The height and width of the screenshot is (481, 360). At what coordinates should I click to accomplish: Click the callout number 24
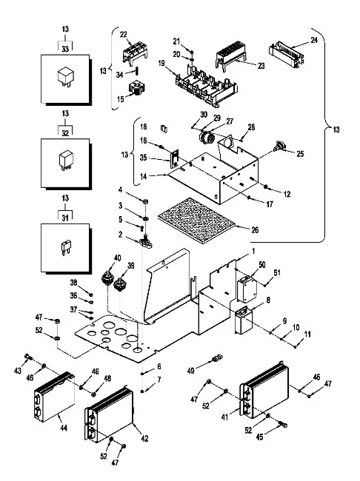pos(313,40)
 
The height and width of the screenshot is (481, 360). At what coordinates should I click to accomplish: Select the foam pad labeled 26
pos(197,221)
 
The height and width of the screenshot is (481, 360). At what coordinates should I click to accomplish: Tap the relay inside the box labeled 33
pos(66,76)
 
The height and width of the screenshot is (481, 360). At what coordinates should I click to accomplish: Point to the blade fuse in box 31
pos(65,248)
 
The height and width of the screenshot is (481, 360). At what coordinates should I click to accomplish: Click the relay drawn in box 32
pos(65,160)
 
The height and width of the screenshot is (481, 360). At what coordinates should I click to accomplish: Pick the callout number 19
pos(161,64)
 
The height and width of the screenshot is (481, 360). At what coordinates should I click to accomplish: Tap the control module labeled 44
pos(54,397)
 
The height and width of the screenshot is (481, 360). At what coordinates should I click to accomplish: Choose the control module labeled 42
pos(110,414)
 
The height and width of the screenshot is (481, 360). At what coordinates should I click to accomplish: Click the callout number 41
pos(225,417)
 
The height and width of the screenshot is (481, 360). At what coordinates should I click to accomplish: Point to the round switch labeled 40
pos(108,277)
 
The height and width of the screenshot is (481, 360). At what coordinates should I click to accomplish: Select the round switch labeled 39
pos(120,284)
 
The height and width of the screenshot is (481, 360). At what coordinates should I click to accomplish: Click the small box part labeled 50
pos(247,289)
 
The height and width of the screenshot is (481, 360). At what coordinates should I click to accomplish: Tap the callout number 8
pos(268,300)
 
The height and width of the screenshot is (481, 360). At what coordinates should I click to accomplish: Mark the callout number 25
pos(300,154)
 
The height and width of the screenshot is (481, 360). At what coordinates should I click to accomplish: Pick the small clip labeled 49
pos(217,357)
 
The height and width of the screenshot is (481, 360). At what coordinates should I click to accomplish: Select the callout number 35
pos(144,158)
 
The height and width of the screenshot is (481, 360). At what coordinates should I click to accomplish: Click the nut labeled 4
pos(145,201)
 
